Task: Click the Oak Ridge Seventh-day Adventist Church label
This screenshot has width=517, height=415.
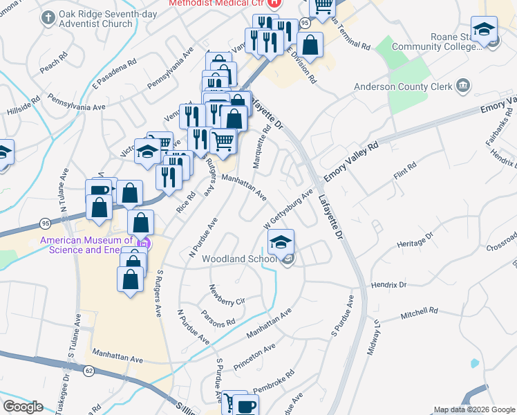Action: [x=96, y=19]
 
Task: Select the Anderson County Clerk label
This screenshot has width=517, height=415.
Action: [x=402, y=86]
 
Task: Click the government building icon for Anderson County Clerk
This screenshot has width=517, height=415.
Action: [x=462, y=86]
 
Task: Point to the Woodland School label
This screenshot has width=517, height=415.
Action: [x=249, y=259]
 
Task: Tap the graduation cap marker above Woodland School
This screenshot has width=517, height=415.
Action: [x=281, y=242]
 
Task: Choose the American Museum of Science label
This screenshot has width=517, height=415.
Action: [x=87, y=244]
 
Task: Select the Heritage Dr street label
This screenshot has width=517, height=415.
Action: [x=415, y=240]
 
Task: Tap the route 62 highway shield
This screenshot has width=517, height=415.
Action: [x=88, y=371]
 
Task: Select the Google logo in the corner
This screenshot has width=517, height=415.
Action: [x=23, y=406]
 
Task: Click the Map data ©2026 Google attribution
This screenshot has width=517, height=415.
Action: [x=473, y=409]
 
